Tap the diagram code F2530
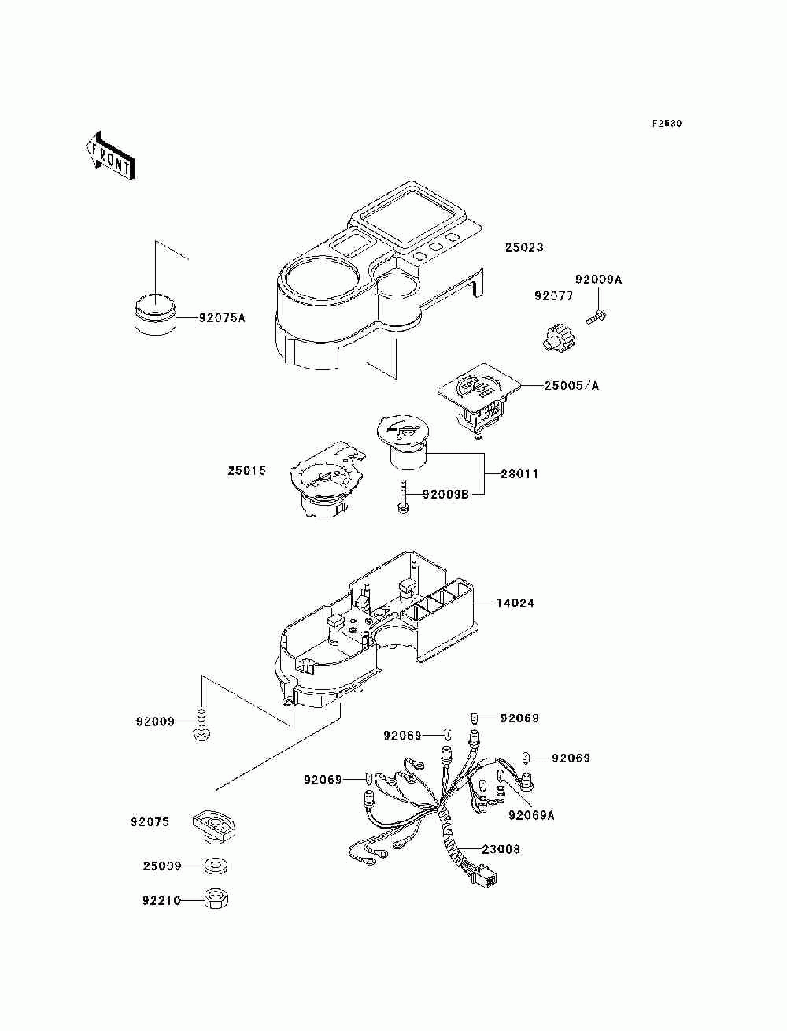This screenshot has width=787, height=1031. pos(667,124)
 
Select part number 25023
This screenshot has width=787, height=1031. pos(524,247)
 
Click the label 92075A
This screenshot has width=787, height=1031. pos(200,318)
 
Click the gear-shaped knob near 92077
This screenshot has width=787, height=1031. pos(556,338)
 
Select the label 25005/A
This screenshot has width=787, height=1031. pos(571,386)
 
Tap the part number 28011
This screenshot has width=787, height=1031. pos(519,474)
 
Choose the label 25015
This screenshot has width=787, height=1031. pos(247,471)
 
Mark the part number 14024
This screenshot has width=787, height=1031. pos(515,603)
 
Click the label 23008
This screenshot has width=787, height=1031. pos(501,850)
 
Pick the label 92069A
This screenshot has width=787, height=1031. pos(532,815)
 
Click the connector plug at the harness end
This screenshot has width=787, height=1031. pos(486,876)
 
